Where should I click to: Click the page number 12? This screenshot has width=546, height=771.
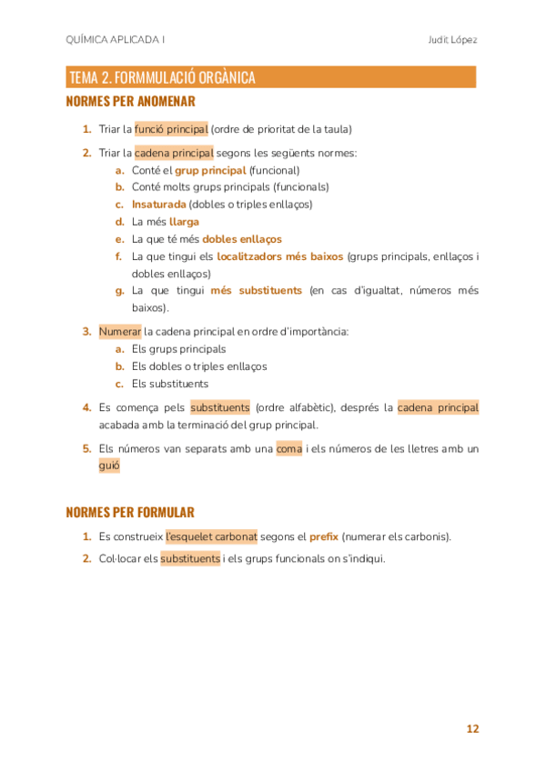(472, 729)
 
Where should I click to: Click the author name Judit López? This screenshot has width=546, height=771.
(452, 40)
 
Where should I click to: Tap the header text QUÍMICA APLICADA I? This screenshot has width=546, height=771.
(116, 40)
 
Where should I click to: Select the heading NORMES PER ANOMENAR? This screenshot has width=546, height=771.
(131, 102)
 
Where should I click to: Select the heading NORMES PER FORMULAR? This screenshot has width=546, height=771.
(130, 512)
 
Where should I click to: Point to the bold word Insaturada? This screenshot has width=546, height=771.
(159, 205)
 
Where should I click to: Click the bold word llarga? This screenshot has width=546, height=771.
(184, 222)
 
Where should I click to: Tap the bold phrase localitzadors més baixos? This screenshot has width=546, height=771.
(280, 256)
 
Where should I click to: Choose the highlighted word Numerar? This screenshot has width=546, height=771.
(120, 331)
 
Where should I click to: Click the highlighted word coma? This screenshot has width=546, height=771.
(289, 448)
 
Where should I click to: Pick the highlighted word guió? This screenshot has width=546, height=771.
(109, 466)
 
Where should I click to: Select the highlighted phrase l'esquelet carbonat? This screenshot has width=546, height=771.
(211, 536)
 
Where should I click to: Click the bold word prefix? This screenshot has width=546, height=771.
(324, 536)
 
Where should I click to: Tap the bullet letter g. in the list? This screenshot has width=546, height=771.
(119, 291)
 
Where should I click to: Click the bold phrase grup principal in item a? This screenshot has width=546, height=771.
(210, 170)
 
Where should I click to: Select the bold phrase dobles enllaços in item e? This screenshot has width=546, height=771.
(242, 239)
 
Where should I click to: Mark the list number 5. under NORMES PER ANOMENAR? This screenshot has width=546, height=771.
(87, 448)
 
